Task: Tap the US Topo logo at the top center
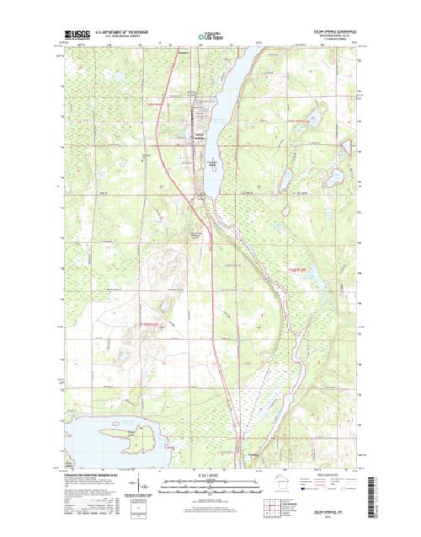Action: (x=210, y=36)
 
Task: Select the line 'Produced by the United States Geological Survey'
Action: (x=93, y=477)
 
